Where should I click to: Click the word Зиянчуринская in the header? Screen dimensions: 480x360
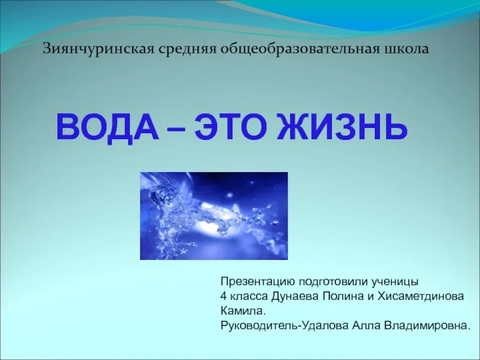click(x=98, y=49)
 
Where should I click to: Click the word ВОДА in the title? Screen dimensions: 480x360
click(x=108, y=127)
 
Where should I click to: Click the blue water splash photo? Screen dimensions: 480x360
click(x=214, y=216)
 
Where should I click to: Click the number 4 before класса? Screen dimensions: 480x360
click(x=223, y=296)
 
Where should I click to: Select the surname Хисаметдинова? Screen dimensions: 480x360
click(x=421, y=296)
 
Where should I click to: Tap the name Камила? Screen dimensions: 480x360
click(x=242, y=311)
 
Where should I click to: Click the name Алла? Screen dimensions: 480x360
click(x=366, y=325)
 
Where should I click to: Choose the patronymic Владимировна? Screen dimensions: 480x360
click(x=427, y=326)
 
